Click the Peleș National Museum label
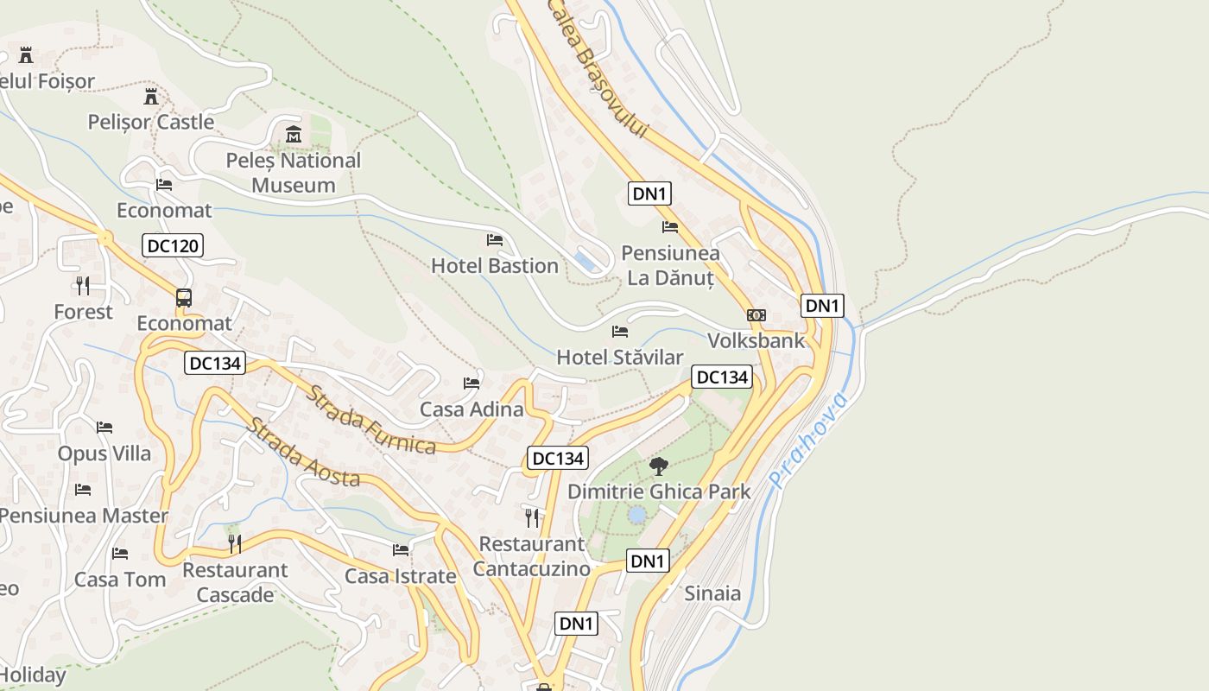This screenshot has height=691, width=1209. click(x=294, y=173)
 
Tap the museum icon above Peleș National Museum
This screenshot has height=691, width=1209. click(x=294, y=135)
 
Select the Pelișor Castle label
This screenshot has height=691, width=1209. click(x=151, y=122)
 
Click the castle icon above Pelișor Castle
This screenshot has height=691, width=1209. click(x=151, y=96)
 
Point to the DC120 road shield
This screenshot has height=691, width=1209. click(x=173, y=246)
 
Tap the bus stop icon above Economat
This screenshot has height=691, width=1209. click(x=184, y=298)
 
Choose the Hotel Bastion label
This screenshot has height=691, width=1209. click(x=495, y=265)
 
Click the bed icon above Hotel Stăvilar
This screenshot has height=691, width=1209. click(x=620, y=331)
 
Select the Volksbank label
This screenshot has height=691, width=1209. click(x=756, y=340)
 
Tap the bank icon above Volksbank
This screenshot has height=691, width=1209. click(x=756, y=315)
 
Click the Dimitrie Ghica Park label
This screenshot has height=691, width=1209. click(x=659, y=491)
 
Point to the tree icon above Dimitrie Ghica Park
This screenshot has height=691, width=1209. click(x=659, y=466)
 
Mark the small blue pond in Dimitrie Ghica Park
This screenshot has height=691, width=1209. click(x=637, y=516)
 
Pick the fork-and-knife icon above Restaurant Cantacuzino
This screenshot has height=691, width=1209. click(x=532, y=518)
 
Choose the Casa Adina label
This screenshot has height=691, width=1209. click(x=472, y=409)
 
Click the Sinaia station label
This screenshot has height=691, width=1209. click(x=712, y=593)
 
